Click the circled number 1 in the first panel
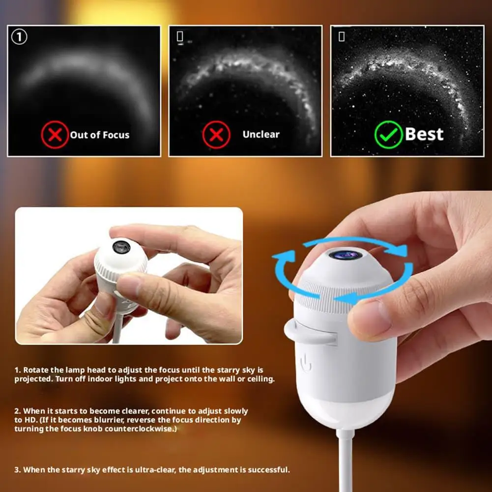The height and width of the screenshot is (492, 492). (19, 37)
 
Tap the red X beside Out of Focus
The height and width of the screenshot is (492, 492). (55, 135)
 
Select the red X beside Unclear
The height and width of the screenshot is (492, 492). (216, 135)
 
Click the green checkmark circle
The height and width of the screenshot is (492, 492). (388, 135)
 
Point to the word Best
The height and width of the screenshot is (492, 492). (424, 134)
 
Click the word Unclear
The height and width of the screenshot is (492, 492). (261, 134)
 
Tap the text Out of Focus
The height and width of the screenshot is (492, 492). (100, 135)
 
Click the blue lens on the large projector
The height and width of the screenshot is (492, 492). (346, 255)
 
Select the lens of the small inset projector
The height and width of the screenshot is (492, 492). (121, 247)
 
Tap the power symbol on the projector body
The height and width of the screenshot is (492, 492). (306, 364)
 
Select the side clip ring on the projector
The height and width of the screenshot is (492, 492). (311, 332)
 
